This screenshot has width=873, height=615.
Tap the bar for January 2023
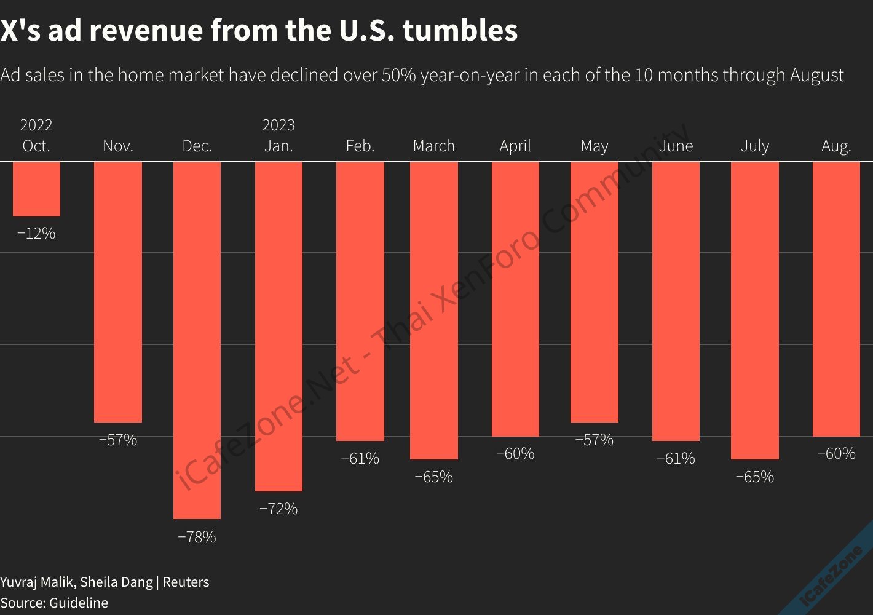pyautogui.click(x=278, y=326)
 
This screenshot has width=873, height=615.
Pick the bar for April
pyautogui.click(x=515, y=299)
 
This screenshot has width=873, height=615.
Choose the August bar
pyautogui.click(x=836, y=299)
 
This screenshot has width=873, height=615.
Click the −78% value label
pyautogui.click(x=197, y=537)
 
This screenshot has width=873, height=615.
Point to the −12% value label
pyautogui.click(x=36, y=233)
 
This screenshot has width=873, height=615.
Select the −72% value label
pyautogui.click(x=278, y=509)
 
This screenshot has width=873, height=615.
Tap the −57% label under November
pyautogui.click(x=118, y=440)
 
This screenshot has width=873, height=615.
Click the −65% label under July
pyautogui.click(x=755, y=477)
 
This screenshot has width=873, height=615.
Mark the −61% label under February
pyautogui.click(x=360, y=458)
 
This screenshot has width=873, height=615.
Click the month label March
pyautogui.click(x=434, y=146)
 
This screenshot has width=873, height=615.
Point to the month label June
pyautogui.click(x=676, y=146)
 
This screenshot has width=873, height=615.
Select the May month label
pyautogui.click(x=595, y=146)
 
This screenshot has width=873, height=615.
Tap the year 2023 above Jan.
pyautogui.click(x=278, y=125)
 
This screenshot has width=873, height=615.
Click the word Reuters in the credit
pyautogui.click(x=186, y=582)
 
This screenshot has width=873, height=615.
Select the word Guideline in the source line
pyautogui.click(x=79, y=603)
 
